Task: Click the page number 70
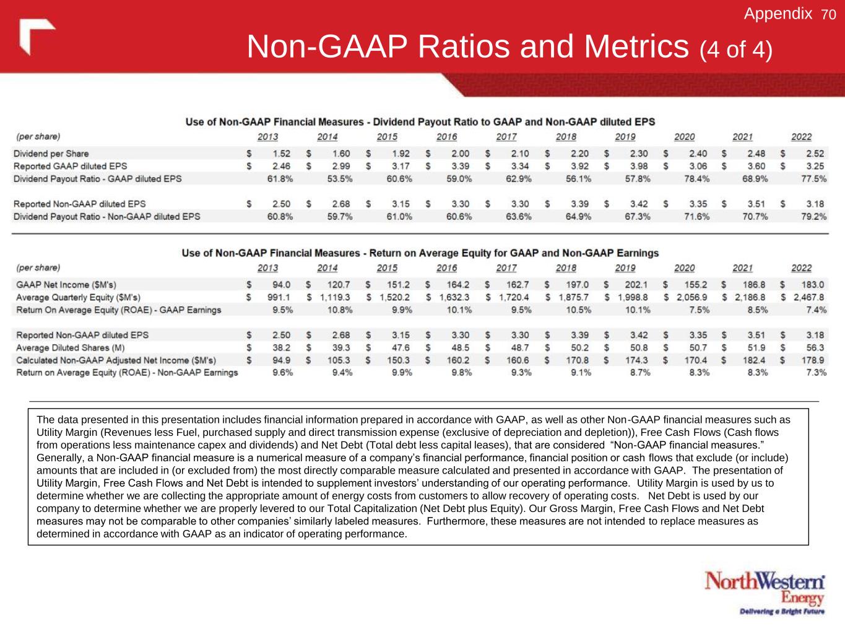click(x=828, y=14)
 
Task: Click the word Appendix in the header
click(x=778, y=14)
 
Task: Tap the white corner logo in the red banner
click(x=37, y=36)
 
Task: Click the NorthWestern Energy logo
click(x=765, y=587)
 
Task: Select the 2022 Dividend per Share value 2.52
click(x=815, y=154)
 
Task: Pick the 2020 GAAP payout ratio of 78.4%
click(x=696, y=178)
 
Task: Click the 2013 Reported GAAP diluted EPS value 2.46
click(x=281, y=166)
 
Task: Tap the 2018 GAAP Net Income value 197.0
click(x=578, y=285)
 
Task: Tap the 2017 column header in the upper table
click(x=506, y=137)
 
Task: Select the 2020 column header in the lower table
click(x=684, y=268)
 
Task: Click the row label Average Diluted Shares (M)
click(x=70, y=347)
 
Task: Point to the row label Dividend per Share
click(x=51, y=154)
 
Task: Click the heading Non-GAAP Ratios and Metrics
click(x=468, y=47)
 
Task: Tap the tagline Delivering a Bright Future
click(x=782, y=612)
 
